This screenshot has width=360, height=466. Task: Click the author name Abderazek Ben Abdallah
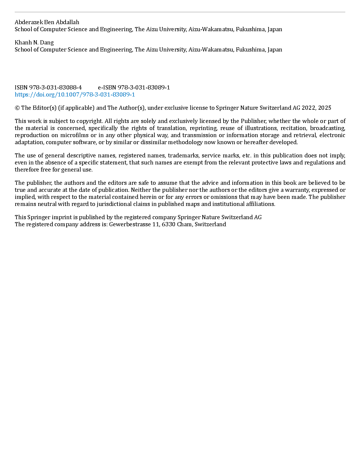(x=47, y=22)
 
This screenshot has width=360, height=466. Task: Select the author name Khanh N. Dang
(x=34, y=42)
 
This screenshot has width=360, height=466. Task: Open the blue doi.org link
(x=75, y=94)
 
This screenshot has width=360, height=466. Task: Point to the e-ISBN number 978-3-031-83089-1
(x=144, y=87)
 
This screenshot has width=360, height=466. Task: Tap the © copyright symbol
(x=17, y=108)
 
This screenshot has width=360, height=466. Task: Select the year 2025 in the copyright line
(x=324, y=108)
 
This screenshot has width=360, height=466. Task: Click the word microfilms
(x=74, y=135)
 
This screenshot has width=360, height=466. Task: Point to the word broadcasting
(x=328, y=128)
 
